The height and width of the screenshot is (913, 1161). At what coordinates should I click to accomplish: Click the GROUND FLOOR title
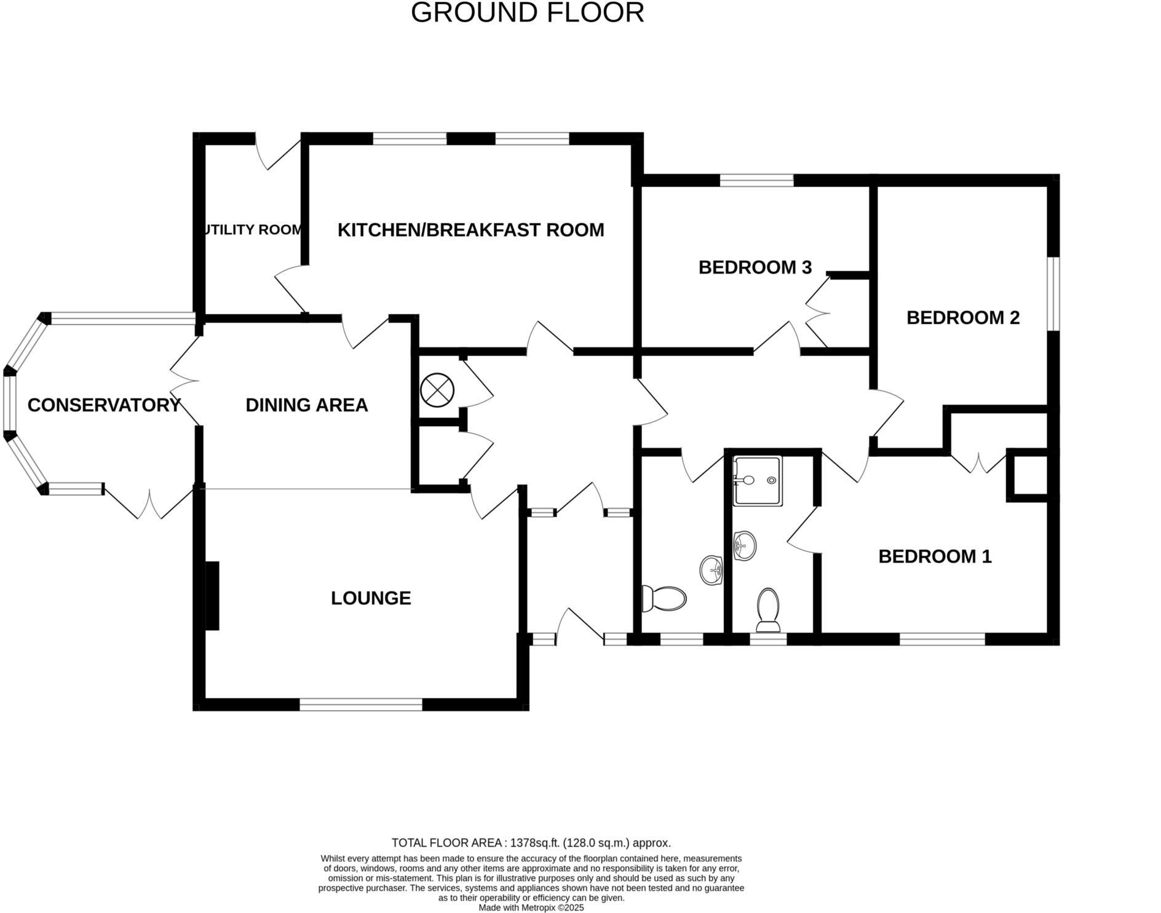tap(527, 13)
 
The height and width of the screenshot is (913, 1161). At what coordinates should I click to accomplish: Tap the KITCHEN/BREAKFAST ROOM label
tap(470, 230)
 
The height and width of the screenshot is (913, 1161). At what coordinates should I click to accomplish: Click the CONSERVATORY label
tap(104, 405)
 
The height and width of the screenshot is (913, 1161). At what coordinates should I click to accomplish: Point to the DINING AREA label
tap(306, 405)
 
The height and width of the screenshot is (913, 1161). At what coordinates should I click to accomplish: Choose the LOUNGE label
tap(370, 598)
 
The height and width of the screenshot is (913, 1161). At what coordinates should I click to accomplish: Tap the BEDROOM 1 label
tap(934, 556)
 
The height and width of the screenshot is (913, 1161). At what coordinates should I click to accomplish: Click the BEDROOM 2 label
tap(962, 318)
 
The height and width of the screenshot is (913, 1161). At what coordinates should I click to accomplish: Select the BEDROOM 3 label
tap(755, 267)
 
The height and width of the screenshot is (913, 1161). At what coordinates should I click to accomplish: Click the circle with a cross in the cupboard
tap(437, 390)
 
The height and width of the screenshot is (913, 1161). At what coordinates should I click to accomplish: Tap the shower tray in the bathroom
tap(758, 481)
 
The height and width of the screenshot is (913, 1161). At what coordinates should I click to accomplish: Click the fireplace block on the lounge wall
tap(212, 595)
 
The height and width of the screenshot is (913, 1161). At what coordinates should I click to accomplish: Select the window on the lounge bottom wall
tap(361, 705)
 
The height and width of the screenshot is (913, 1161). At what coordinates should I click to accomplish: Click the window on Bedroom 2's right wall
tap(1053, 293)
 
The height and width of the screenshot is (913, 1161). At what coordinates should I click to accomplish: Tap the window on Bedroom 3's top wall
tap(756, 180)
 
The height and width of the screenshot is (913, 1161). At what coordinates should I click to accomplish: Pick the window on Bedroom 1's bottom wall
tap(942, 639)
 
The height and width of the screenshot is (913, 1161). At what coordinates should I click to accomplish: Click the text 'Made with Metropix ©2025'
tap(531, 907)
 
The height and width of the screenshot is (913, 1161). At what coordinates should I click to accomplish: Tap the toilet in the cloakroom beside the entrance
tap(665, 598)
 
